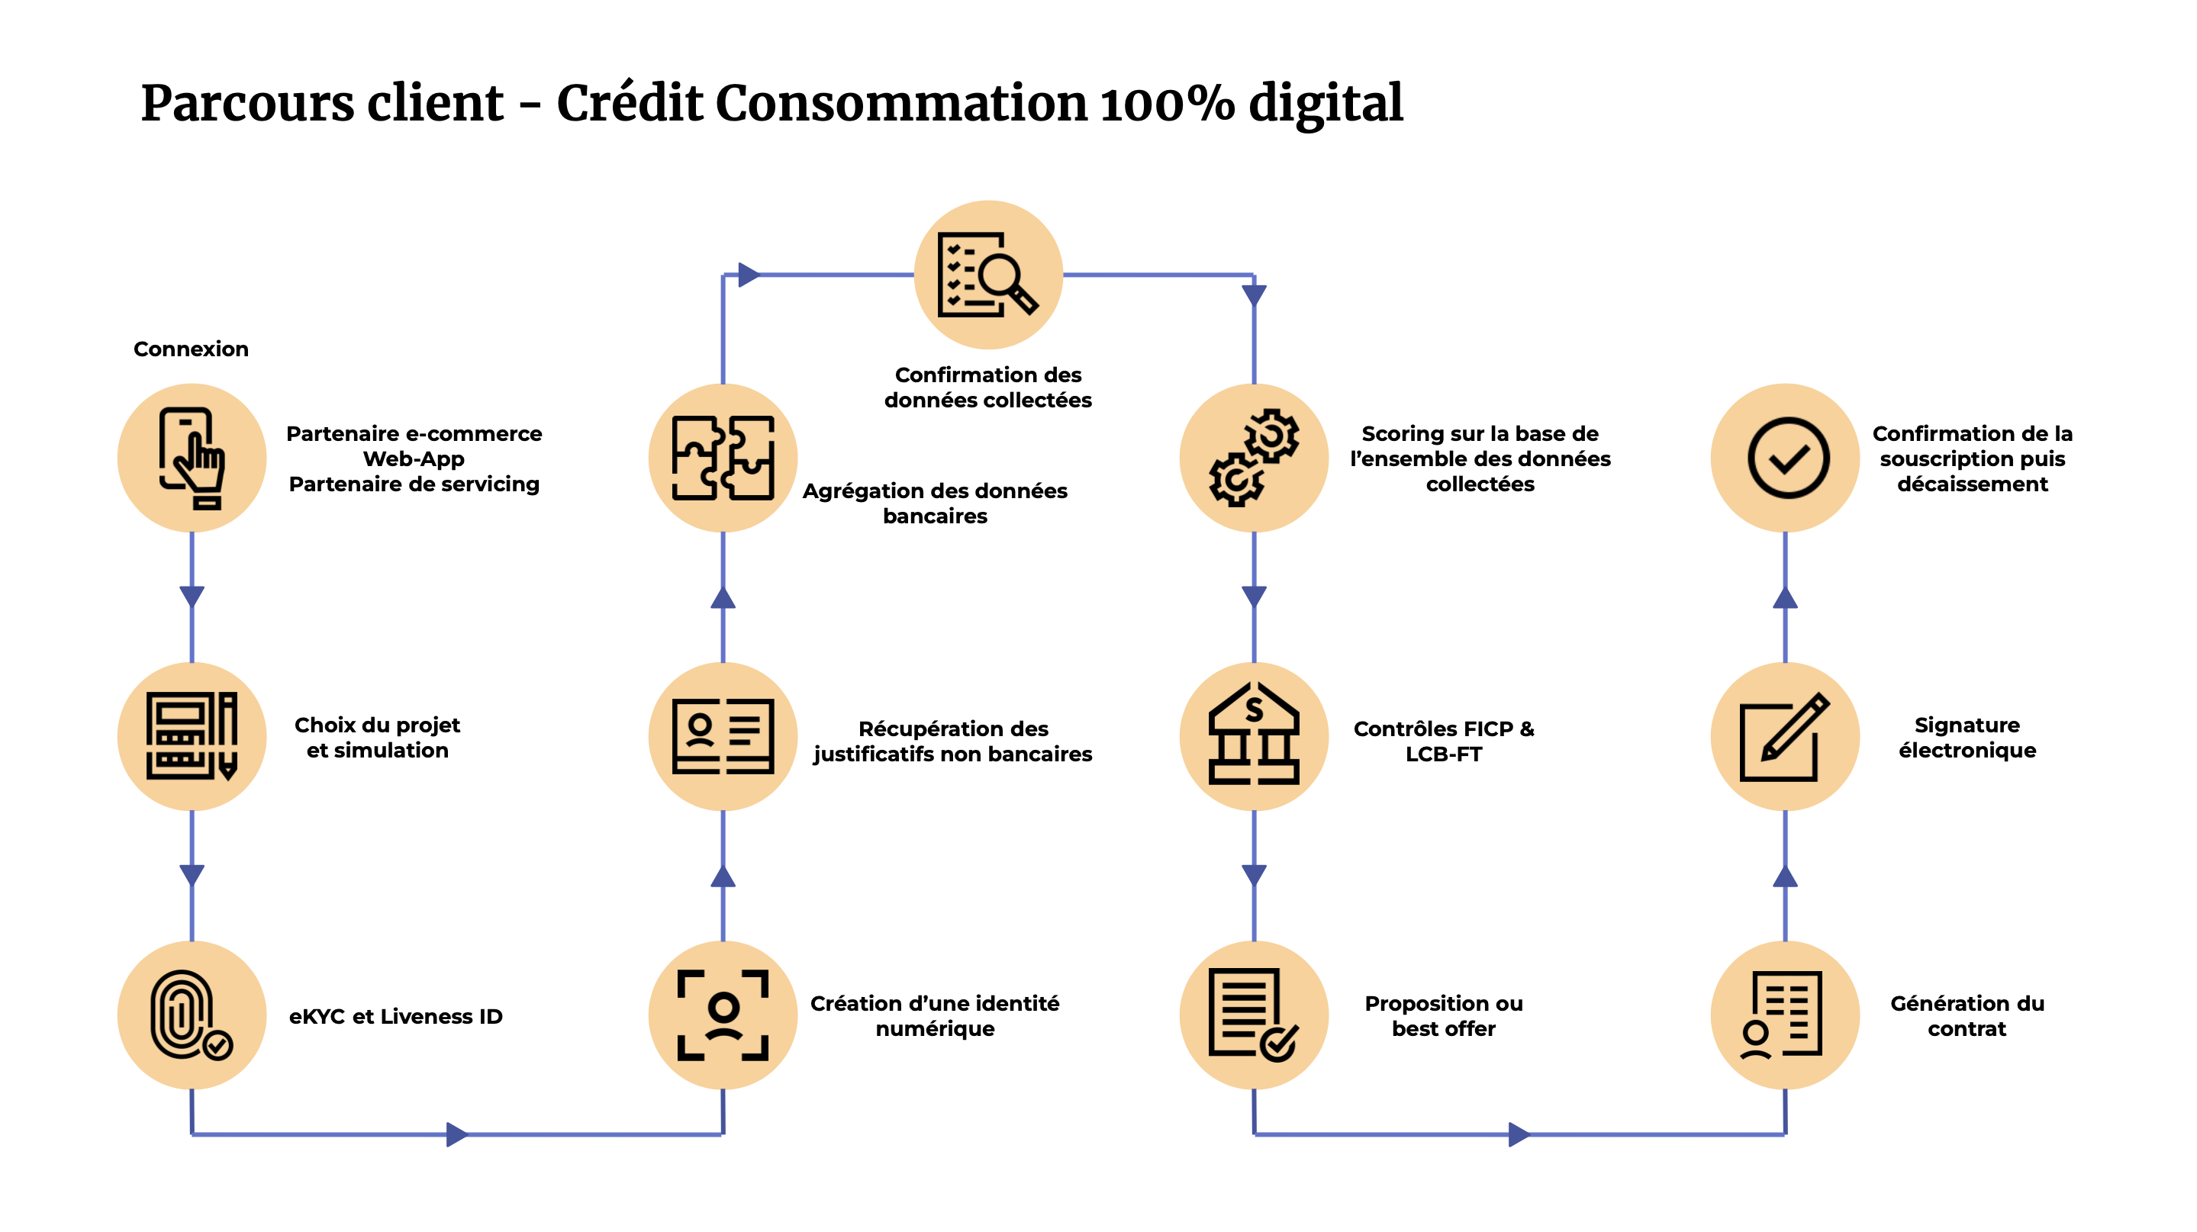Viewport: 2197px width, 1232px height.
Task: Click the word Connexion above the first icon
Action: [x=191, y=349]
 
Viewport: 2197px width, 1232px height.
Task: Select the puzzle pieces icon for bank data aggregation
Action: [x=723, y=458]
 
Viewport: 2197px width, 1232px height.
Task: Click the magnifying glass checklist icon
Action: [x=987, y=275]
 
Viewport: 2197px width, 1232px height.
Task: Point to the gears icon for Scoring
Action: [x=1254, y=458]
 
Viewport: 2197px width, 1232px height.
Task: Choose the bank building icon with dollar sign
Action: [x=1254, y=734]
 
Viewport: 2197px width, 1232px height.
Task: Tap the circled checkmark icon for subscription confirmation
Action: [x=1788, y=458]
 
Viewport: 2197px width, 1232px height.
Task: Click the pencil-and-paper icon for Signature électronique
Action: [x=1784, y=737]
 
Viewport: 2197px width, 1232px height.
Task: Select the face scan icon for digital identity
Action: [x=723, y=1015]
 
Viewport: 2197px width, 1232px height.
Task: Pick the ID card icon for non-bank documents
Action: [x=723, y=737]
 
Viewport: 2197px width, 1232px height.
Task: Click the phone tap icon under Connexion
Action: [x=191, y=458]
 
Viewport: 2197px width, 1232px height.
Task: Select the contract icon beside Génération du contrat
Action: [x=1783, y=1015]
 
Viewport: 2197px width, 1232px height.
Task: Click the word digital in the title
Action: [x=1326, y=104]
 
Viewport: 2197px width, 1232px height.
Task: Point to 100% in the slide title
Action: [x=1167, y=104]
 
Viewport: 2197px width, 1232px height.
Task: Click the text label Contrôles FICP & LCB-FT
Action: [x=1443, y=741]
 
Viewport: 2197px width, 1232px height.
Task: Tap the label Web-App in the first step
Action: [x=414, y=458]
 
